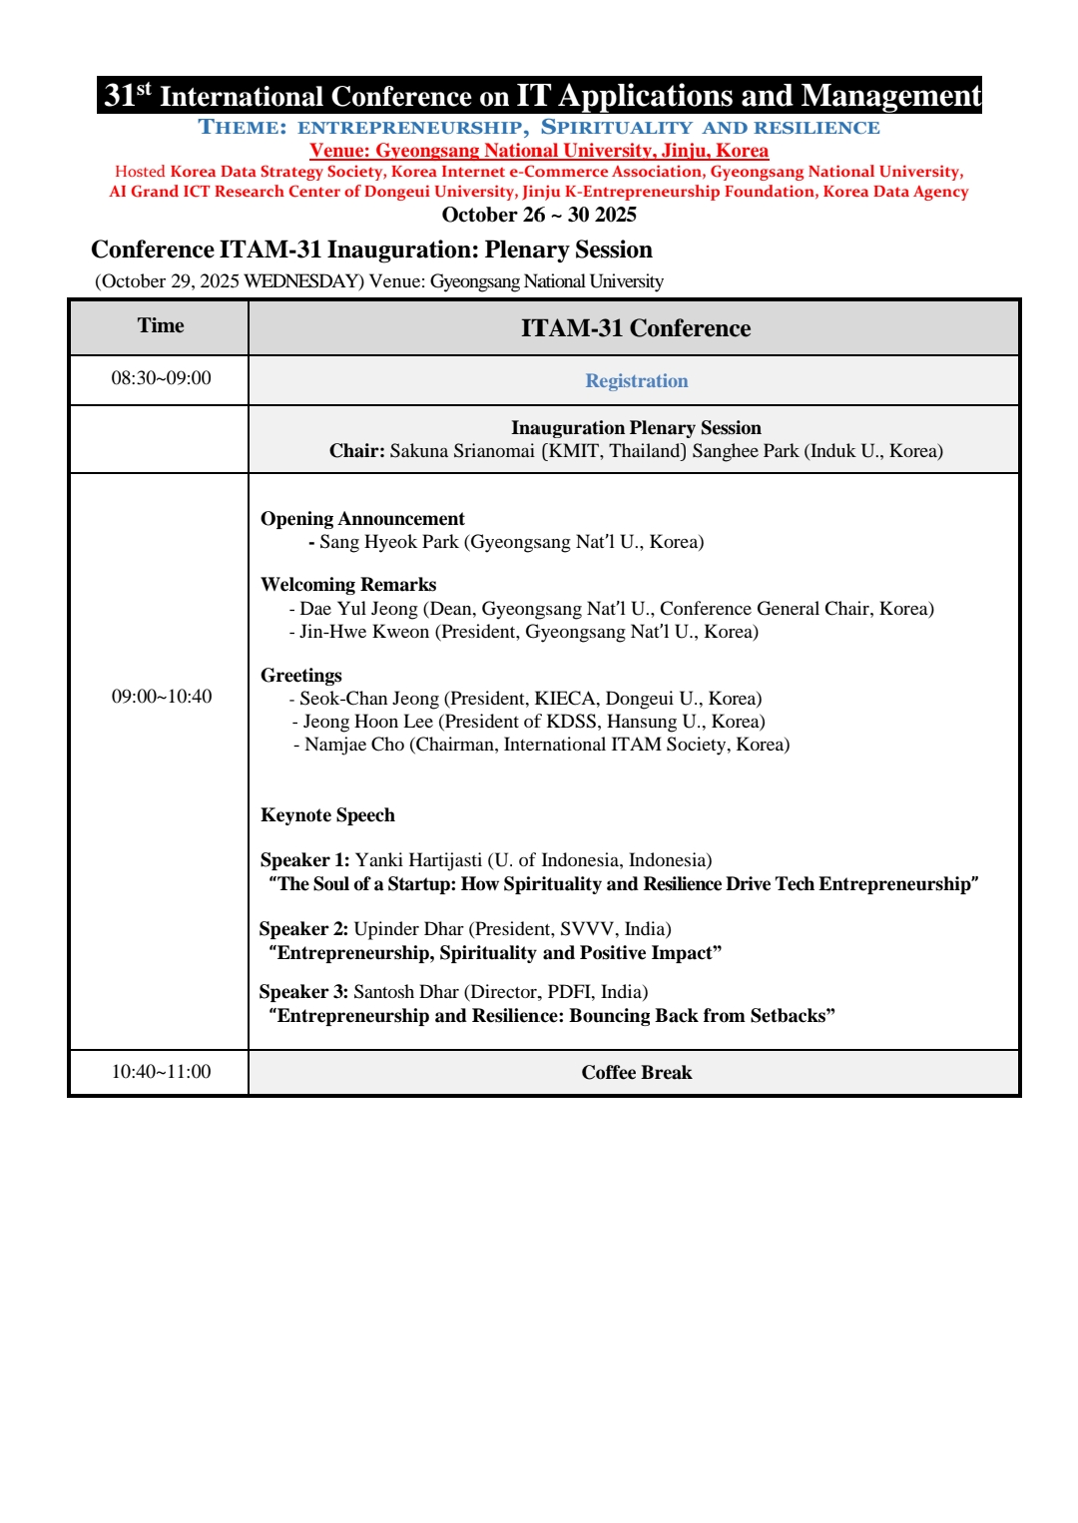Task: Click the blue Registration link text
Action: pos(636,381)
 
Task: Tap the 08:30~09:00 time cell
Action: pos(161,378)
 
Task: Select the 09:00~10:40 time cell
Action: pos(161,697)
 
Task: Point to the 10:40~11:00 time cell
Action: pos(161,1072)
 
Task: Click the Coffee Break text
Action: pos(636,1073)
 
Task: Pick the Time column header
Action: pos(161,326)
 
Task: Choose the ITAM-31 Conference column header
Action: pos(635,328)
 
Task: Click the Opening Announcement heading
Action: pos(362,519)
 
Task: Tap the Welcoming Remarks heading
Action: pos(348,585)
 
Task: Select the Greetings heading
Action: pos(300,676)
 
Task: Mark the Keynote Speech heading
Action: pos(327,815)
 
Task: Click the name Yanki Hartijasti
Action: pos(418,860)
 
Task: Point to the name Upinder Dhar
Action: pos(408,929)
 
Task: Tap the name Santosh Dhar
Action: pos(405,992)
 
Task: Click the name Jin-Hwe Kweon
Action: pos(364,632)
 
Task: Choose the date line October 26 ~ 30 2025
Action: pos(539,215)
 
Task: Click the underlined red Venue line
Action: pos(539,151)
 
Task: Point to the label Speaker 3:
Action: pos(303,992)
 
